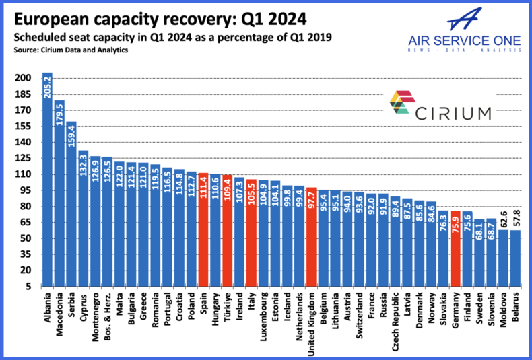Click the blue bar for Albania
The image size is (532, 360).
(x=48, y=182)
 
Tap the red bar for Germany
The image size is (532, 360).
(x=455, y=249)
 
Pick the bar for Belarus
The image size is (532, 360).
(x=516, y=259)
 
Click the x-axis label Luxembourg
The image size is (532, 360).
(x=261, y=316)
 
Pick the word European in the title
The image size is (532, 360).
(x=46, y=17)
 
